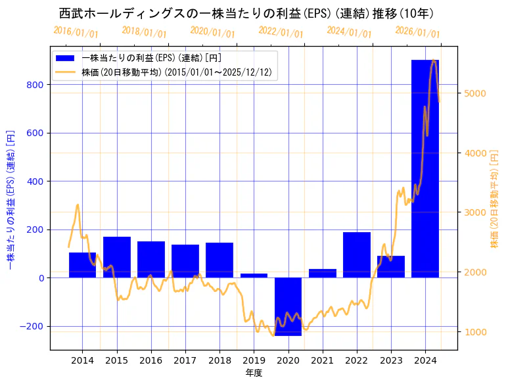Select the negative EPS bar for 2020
click(x=288, y=306)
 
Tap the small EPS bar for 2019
click(x=254, y=276)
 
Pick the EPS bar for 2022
click(x=357, y=255)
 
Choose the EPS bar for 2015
click(x=117, y=257)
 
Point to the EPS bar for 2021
click(x=323, y=274)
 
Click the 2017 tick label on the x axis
click(x=185, y=360)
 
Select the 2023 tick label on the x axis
click(x=391, y=360)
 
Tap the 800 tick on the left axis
click(x=35, y=85)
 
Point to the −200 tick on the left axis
click(x=32, y=326)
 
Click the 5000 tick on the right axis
click(x=474, y=93)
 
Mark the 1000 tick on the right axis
click(x=474, y=332)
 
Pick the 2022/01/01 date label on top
click(x=281, y=32)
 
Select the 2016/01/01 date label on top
click(x=76, y=32)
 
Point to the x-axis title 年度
click(x=254, y=373)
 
